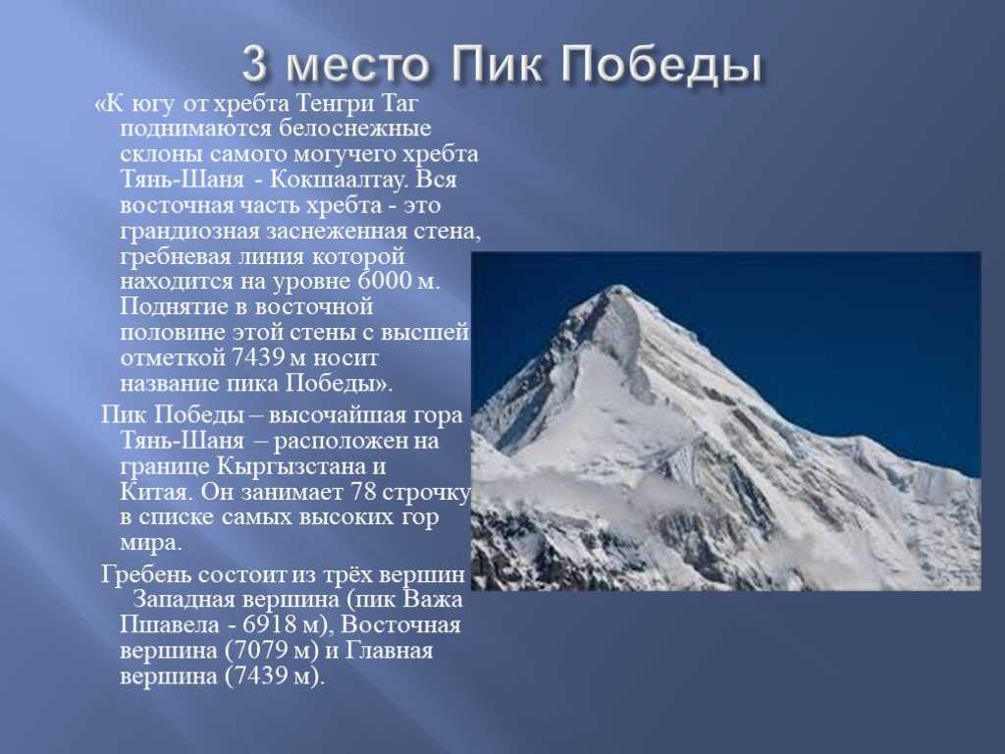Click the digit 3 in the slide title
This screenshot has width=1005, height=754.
(x=254, y=65)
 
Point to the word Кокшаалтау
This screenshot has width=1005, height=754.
(x=338, y=180)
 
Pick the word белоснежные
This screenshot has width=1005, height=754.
(x=354, y=129)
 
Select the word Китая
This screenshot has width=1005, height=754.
(x=155, y=493)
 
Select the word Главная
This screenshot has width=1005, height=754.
(x=389, y=650)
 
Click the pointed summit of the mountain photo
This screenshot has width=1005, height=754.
(x=619, y=286)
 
